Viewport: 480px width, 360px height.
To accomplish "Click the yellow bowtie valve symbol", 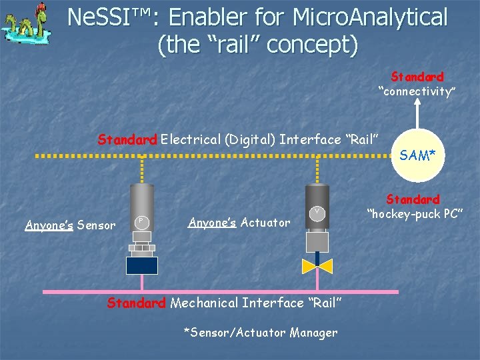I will pos(317,266).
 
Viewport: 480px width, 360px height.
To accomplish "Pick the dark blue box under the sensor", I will pos(142,265).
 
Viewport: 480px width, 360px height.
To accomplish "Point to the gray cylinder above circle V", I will pos(317,194).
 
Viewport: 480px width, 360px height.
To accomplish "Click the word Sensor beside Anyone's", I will pos(96,225).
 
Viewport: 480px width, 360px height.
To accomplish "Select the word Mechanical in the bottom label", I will pos(204,303).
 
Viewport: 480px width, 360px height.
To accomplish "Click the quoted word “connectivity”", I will pos(417,91).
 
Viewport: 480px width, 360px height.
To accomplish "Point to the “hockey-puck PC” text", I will pos(413,213).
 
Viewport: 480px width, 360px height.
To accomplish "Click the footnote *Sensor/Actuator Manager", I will pos(260,332).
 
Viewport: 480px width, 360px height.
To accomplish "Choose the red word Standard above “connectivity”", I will pos(417,77).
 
